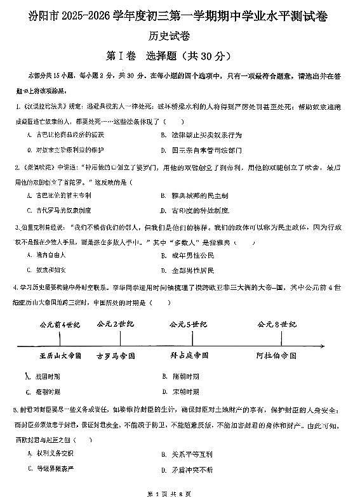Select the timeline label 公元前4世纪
click(60, 325)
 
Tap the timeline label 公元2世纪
click(115, 325)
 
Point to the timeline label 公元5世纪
click(188, 325)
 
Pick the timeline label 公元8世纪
click(277, 325)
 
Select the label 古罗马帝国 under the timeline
click(116, 356)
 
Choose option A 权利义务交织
click(53, 454)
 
